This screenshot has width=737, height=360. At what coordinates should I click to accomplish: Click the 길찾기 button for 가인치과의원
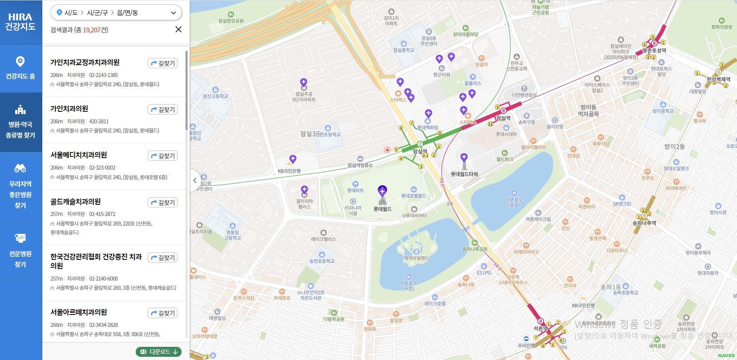(x=162, y=109)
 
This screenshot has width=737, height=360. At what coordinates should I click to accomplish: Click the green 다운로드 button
(x=159, y=352)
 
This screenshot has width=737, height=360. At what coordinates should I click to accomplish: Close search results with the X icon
(x=178, y=30)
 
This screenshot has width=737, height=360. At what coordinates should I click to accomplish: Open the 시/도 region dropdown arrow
(x=173, y=13)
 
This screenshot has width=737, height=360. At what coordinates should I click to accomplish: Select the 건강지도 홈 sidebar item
(x=20, y=68)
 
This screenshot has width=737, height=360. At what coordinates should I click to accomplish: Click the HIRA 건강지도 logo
(x=21, y=22)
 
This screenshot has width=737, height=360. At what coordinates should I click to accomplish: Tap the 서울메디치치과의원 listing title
(x=79, y=155)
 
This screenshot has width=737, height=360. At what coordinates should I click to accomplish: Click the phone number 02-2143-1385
(x=103, y=75)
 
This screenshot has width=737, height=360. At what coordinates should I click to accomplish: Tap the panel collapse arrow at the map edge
(x=195, y=180)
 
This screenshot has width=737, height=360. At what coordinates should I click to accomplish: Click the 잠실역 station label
(x=420, y=151)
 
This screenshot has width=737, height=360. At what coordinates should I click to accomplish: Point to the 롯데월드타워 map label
(x=464, y=174)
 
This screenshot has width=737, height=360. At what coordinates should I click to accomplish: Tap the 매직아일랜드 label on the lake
(x=416, y=258)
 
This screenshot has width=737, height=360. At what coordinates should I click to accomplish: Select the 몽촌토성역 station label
(x=654, y=50)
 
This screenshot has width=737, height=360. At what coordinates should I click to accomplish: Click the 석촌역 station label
(x=540, y=328)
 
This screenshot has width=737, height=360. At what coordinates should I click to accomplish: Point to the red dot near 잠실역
(x=387, y=150)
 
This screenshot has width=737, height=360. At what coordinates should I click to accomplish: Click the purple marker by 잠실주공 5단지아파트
(x=304, y=82)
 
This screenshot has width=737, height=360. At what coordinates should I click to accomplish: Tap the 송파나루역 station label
(x=644, y=223)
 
